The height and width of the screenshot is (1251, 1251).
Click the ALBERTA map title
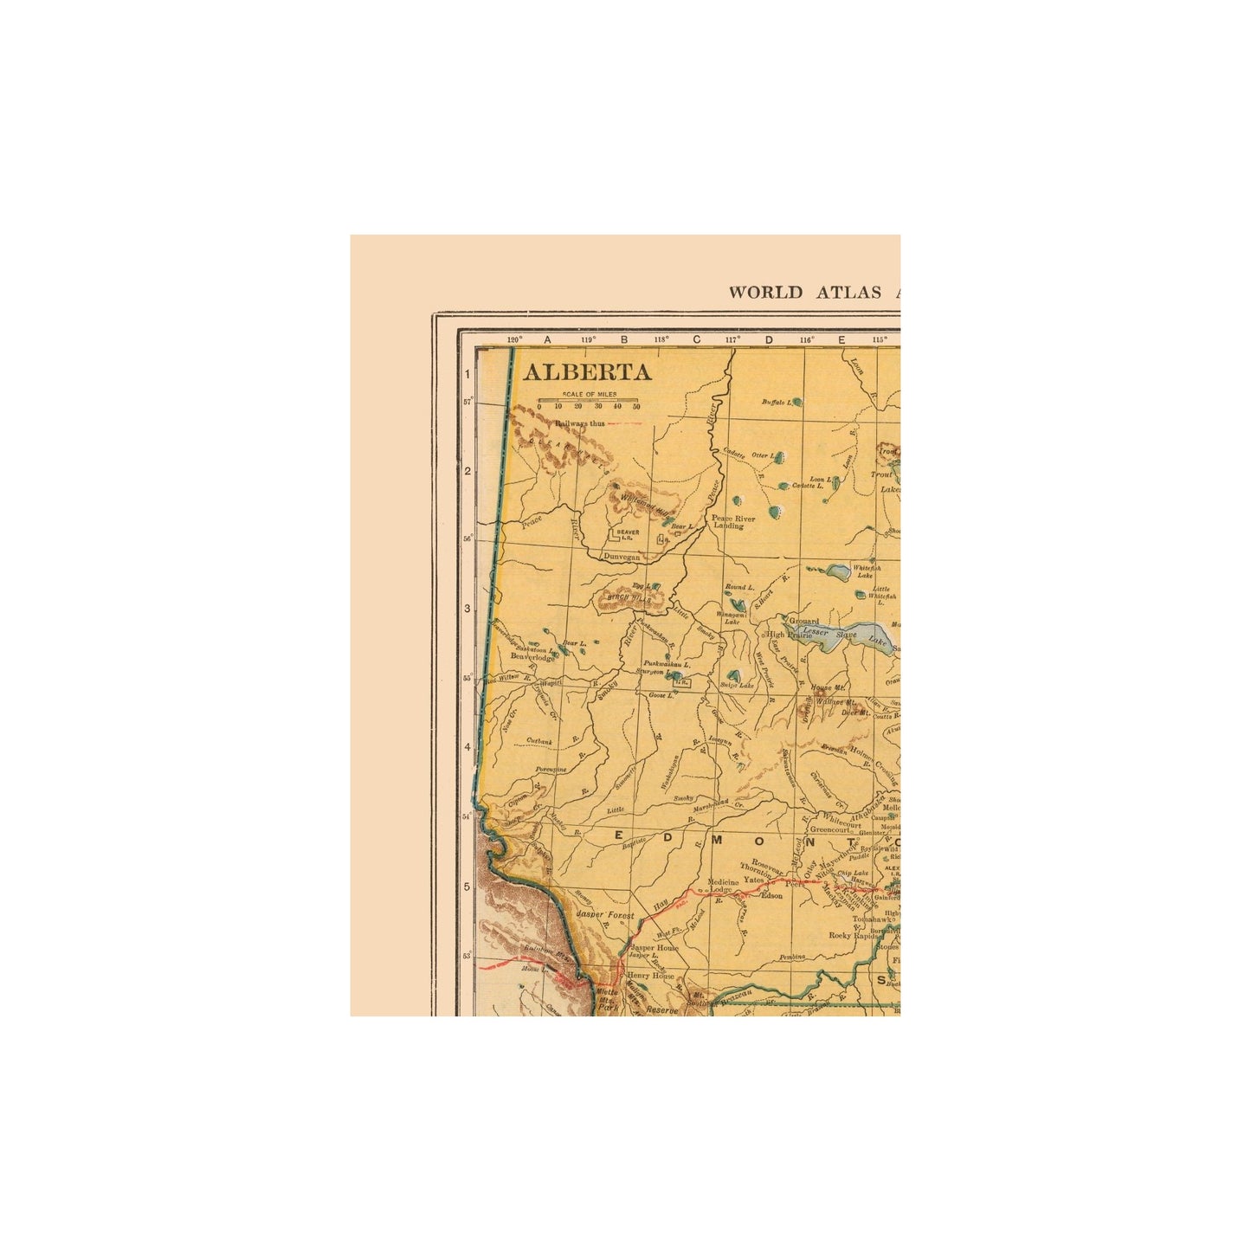pos(586,372)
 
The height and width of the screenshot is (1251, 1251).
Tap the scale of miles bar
pos(588,401)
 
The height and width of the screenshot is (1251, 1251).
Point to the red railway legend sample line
pos(624,423)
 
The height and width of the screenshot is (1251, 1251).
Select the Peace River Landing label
pos(733,522)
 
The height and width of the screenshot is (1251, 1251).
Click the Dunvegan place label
pos(622,558)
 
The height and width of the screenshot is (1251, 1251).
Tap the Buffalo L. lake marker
pos(796,402)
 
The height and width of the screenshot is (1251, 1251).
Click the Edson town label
pos(771,896)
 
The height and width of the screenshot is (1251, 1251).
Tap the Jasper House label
pos(655,948)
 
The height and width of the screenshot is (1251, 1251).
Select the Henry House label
pos(650,975)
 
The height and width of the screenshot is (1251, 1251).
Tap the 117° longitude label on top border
pos(733,340)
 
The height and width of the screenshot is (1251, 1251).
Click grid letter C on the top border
pos(696,340)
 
